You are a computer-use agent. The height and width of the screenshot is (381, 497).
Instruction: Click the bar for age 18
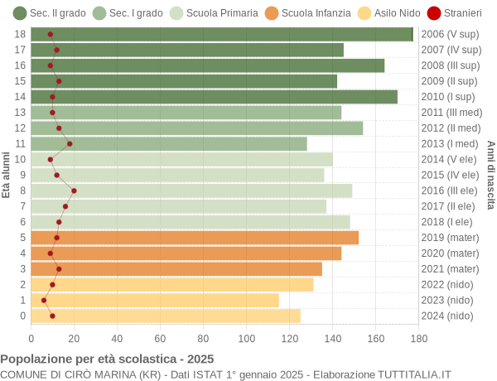222,34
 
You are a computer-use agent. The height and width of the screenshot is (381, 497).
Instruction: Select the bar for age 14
215,97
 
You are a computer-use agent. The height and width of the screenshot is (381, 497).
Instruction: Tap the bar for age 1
155,300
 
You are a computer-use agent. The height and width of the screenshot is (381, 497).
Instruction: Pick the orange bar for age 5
195,238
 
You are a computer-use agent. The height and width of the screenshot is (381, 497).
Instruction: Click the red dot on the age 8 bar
74,190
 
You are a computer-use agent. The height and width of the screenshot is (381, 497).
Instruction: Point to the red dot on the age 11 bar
70,143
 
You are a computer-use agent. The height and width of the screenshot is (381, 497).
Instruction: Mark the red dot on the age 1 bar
44,300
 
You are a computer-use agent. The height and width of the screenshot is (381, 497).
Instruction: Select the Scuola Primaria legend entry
215,13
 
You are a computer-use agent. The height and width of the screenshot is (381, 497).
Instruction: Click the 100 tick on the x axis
247,338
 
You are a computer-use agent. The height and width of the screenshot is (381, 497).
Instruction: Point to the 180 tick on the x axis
419,338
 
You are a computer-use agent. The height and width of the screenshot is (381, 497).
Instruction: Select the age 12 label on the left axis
21,128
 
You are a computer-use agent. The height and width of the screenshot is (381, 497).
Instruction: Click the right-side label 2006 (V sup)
450,34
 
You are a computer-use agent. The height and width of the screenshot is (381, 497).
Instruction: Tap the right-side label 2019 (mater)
450,238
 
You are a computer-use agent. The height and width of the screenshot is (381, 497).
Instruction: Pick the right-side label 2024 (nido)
447,316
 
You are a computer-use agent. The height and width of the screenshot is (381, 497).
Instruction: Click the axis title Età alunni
7,175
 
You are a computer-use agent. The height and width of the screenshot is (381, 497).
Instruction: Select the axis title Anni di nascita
490,175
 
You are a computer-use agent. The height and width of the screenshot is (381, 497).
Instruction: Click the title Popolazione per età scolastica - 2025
107,359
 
